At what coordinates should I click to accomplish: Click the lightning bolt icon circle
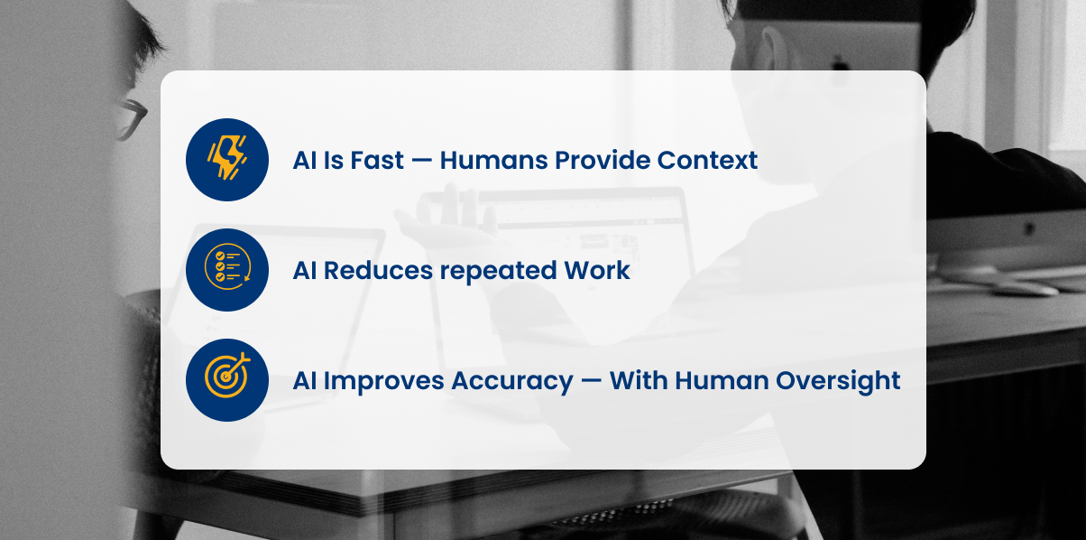point(227,160)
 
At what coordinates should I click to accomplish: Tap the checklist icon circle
point(227,270)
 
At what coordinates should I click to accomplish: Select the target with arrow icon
point(227,380)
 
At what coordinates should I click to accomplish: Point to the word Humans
point(493,160)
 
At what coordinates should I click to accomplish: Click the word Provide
point(603,160)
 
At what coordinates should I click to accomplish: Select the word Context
point(707,160)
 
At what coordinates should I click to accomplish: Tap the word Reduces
point(378,270)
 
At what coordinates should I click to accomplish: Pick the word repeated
point(498,272)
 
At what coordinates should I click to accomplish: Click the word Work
point(597,270)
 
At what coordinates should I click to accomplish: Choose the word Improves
point(383,381)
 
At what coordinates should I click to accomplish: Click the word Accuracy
point(512,382)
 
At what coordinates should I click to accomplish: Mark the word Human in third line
point(722,380)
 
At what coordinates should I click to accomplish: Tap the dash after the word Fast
point(422,161)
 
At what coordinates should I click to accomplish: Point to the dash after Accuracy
point(592,381)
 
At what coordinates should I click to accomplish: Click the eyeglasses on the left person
point(130,119)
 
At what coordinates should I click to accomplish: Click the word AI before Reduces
point(305,270)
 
